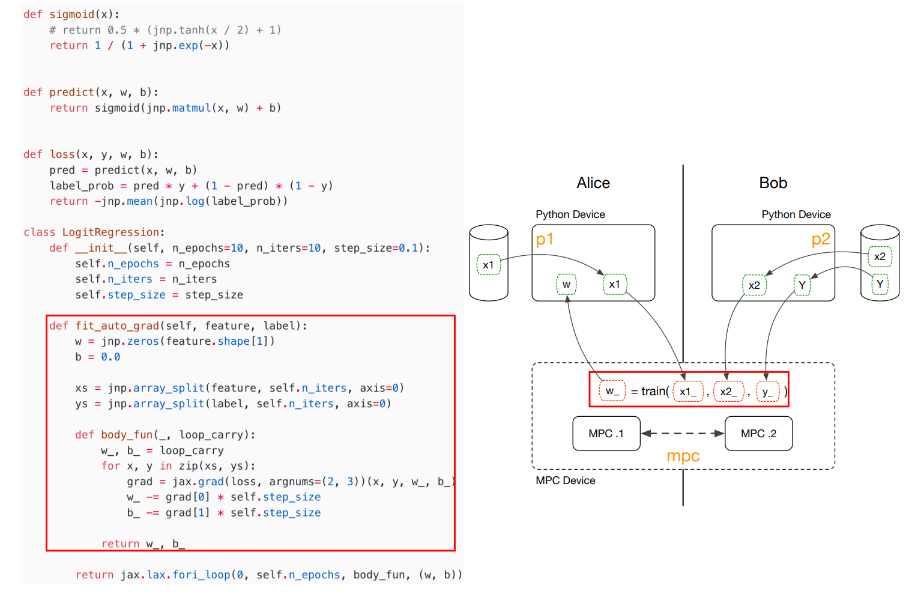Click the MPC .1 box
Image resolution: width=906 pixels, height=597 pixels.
(x=606, y=434)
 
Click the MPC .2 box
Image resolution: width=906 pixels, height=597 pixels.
(x=758, y=434)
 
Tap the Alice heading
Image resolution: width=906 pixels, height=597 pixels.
(x=593, y=183)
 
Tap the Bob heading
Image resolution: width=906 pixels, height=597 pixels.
(x=773, y=183)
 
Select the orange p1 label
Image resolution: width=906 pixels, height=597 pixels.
(x=545, y=240)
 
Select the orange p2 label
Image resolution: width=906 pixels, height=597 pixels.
(x=820, y=240)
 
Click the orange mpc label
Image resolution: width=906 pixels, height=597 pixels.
(x=683, y=456)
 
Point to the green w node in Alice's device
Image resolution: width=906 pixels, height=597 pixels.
(x=566, y=285)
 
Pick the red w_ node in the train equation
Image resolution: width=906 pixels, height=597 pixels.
(x=612, y=391)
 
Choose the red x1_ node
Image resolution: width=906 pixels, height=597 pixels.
(x=687, y=392)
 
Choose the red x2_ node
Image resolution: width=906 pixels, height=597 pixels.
(x=728, y=392)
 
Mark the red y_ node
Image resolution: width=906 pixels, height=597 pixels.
(x=767, y=392)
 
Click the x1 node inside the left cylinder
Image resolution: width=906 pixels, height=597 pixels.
(x=488, y=265)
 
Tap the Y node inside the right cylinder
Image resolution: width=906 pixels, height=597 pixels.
(x=880, y=284)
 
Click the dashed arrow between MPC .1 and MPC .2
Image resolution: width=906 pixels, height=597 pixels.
(x=683, y=433)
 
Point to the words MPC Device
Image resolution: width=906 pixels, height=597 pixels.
(x=565, y=480)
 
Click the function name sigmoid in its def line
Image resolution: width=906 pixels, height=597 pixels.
(x=71, y=14)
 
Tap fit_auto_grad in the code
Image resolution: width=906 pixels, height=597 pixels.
(x=117, y=326)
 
